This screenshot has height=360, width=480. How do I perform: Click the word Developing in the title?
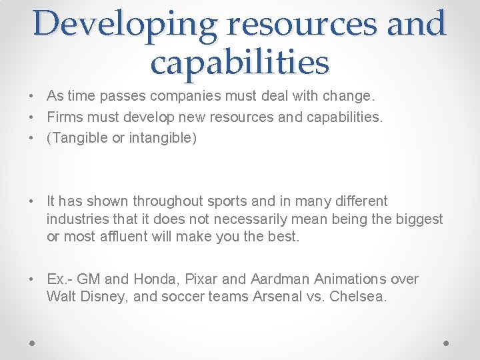125,24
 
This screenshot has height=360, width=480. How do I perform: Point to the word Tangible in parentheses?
78,139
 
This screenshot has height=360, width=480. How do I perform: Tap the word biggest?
418,219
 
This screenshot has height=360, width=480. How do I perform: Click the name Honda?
158,279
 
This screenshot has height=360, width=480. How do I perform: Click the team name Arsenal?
278,297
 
